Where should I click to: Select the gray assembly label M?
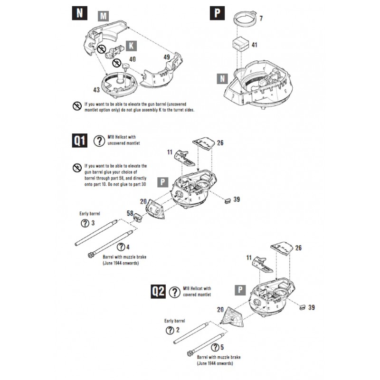point(103,17)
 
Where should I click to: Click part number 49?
point(166,57)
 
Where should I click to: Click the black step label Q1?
point(80,141)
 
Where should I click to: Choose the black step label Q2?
point(157,290)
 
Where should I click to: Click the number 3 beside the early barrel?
point(93,223)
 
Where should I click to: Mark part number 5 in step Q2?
point(223,347)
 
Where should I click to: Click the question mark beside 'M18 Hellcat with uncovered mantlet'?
point(100,141)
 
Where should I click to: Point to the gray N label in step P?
point(221,79)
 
